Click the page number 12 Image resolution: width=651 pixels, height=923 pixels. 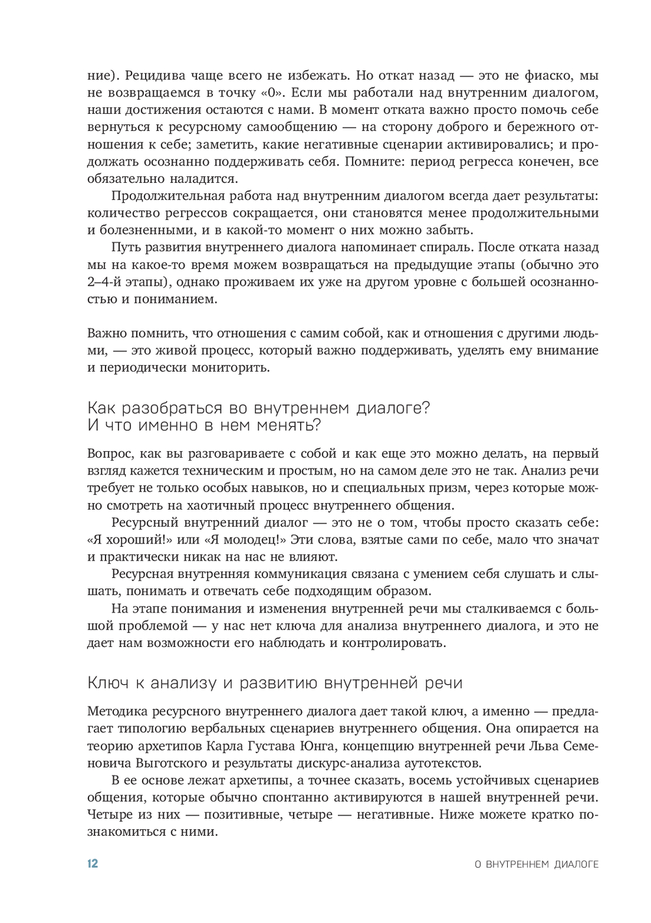(92, 864)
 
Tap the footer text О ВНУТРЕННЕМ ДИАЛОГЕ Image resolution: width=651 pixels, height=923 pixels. (536, 864)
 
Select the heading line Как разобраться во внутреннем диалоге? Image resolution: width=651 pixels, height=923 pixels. (258, 408)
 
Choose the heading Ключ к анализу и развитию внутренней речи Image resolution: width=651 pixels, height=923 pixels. (274, 683)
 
